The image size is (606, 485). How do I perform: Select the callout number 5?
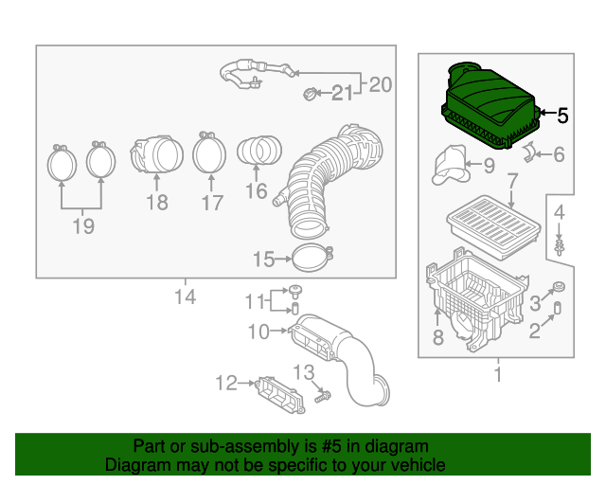pos(562,117)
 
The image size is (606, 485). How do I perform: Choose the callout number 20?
pos(380,84)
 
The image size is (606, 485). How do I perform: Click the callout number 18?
pos(156,202)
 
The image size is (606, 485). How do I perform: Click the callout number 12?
pos(225,383)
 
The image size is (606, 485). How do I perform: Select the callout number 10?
pos(259,331)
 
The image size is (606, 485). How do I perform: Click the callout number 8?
pos(437,337)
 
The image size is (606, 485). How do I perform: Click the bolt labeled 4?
pos(561,248)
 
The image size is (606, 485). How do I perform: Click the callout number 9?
pos(489,167)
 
